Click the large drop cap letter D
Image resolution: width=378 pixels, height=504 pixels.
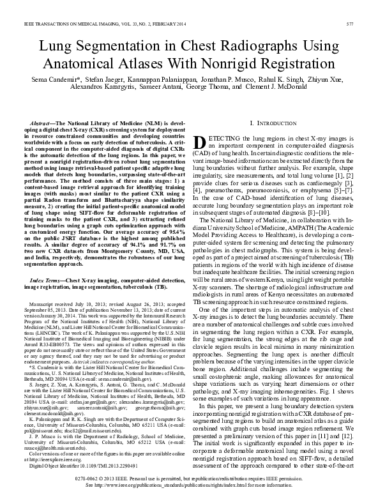click(199, 142)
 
